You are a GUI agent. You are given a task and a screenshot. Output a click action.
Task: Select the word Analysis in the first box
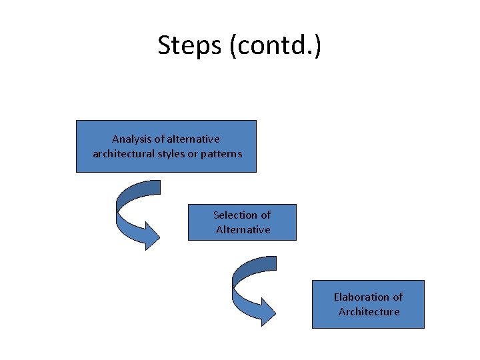click(x=129, y=139)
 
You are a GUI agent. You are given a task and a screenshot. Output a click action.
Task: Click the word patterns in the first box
click(x=221, y=154)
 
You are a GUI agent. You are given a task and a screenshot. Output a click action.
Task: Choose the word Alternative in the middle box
click(x=243, y=229)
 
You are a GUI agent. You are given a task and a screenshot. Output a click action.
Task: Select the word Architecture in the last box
click(x=369, y=311)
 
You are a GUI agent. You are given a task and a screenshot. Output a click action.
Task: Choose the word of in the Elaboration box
click(x=397, y=297)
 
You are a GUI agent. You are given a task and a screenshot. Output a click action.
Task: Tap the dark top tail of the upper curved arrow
click(x=143, y=187)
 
